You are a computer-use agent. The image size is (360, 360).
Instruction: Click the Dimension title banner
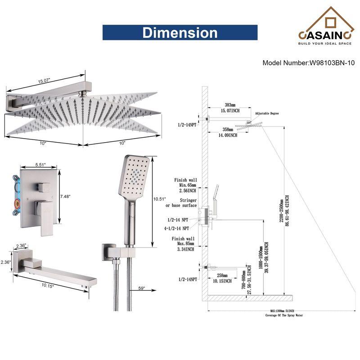click(180, 33)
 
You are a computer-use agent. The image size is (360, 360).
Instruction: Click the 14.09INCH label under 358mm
click(228, 135)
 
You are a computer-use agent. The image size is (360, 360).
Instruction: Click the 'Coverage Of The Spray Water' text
click(284, 315)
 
